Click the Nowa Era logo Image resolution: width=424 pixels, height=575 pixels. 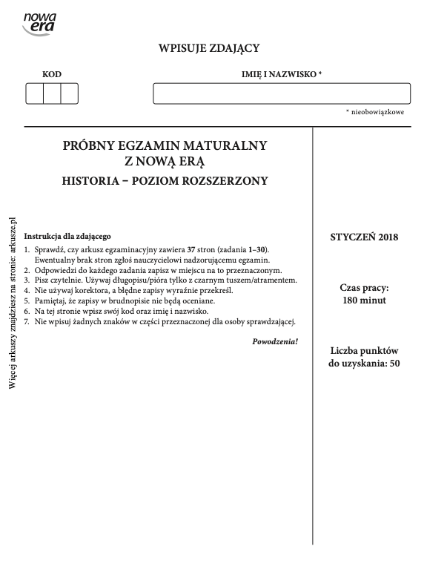pos(39,22)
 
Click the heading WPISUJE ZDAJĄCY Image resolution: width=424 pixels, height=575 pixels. pos(209,49)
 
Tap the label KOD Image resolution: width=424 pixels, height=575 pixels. pos(52,74)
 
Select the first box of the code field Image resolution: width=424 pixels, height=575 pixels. pos(34,94)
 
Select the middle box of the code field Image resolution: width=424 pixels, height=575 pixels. pos(52,94)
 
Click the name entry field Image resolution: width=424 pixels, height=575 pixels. pos(282,94)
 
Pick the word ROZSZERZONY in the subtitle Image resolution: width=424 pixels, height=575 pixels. pos(230,180)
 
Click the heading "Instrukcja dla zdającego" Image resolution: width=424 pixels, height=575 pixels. pos(67,236)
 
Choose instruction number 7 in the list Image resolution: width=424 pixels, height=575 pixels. pos(160,321)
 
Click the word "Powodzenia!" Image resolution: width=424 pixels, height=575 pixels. pos(275,341)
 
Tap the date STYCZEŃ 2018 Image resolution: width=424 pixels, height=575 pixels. pos(364,237)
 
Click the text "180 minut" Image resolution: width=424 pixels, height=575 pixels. pos(364,301)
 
